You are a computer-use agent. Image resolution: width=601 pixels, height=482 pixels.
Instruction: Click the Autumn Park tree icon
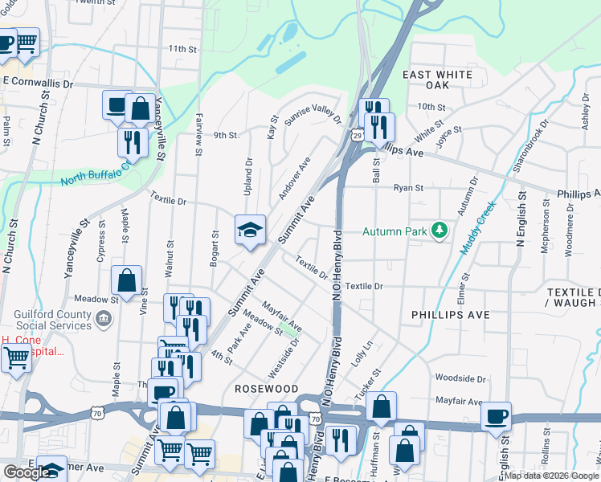click(439, 231)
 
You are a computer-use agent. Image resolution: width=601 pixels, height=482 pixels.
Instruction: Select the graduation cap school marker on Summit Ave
click(250, 231)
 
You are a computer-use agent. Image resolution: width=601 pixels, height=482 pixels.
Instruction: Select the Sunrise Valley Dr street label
click(313, 116)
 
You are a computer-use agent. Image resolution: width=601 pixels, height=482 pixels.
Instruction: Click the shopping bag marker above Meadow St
click(126, 280)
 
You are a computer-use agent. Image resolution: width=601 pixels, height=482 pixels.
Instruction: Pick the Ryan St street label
click(407, 188)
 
